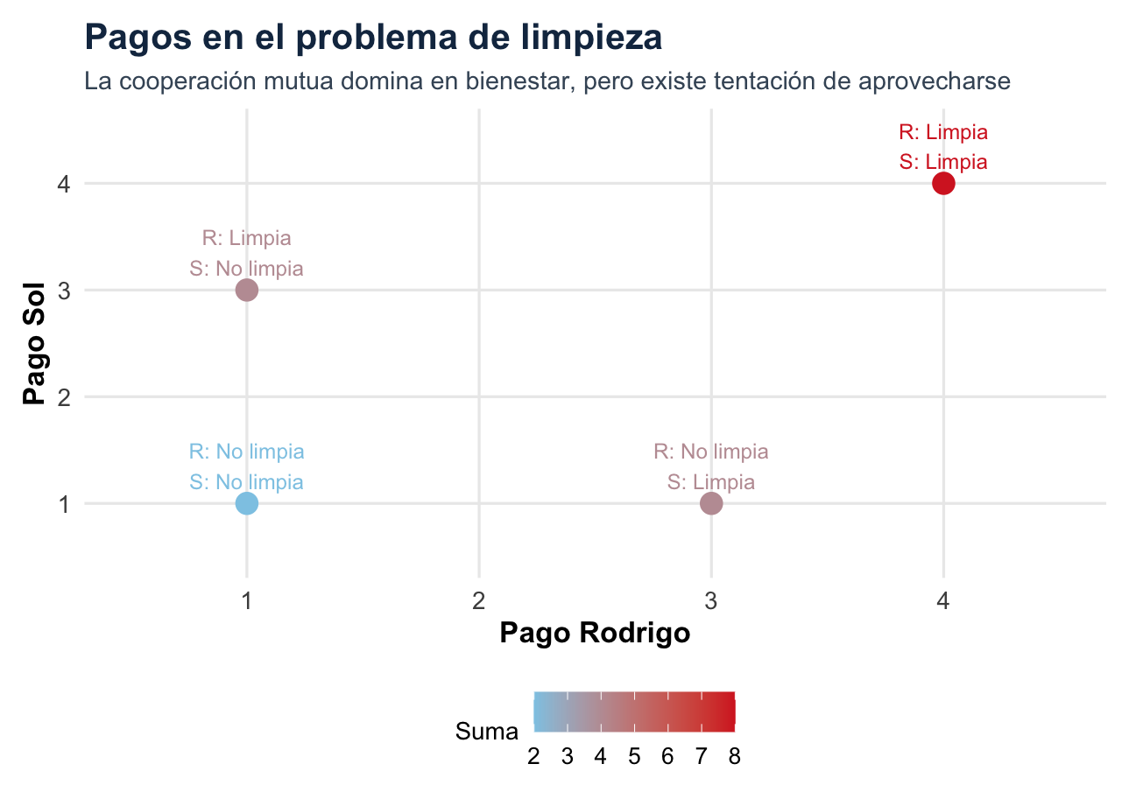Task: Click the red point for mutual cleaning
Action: click(943, 183)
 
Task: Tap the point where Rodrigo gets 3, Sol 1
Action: click(711, 503)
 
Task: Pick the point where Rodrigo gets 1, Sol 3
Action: click(247, 290)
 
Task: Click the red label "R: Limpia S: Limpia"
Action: click(943, 147)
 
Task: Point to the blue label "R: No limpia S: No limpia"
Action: click(247, 467)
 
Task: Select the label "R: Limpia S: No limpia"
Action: click(247, 253)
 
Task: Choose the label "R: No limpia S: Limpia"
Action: click(711, 467)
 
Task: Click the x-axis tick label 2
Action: click(479, 602)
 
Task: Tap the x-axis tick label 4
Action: click(943, 602)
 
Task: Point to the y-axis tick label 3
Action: click(65, 291)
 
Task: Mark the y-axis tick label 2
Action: click(65, 397)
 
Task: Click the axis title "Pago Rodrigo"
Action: click(595, 634)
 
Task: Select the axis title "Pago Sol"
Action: click(35, 343)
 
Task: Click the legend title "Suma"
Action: click(487, 732)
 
